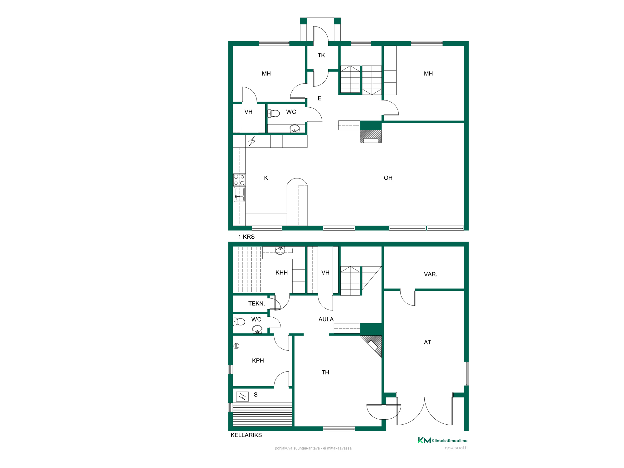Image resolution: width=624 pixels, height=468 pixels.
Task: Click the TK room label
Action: (321, 55)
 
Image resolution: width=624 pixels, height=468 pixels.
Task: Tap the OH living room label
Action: (388, 178)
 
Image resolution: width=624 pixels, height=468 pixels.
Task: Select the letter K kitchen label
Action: (266, 178)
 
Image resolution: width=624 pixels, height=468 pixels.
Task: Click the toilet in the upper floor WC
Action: (274, 113)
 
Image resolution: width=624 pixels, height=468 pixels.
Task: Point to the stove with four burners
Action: (239, 180)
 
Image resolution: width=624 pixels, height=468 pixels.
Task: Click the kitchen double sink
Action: (239, 194)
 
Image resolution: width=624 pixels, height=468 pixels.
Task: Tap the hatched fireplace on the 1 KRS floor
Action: (371, 136)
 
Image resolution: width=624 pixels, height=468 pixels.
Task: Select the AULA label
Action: (326, 319)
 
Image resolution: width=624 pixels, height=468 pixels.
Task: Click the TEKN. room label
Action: (256, 304)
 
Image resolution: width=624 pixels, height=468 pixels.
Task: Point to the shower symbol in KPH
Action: (237, 346)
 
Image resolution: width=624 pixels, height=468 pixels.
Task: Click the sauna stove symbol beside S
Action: (242, 396)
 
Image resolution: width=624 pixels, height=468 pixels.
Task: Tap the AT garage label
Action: (427, 342)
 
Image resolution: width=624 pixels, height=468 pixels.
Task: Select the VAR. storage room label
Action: (431, 274)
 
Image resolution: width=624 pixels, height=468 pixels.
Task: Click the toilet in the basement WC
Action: (239, 321)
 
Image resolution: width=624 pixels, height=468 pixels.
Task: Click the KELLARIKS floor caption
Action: (246, 435)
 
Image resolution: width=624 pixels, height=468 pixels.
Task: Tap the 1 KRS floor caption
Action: (246, 237)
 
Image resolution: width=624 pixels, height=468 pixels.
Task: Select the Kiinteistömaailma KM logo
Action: (443, 440)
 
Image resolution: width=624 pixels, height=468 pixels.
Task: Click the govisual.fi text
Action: (456, 448)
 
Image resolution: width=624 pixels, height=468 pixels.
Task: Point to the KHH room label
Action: (282, 273)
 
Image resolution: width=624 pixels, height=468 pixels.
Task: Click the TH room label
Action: (325, 372)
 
